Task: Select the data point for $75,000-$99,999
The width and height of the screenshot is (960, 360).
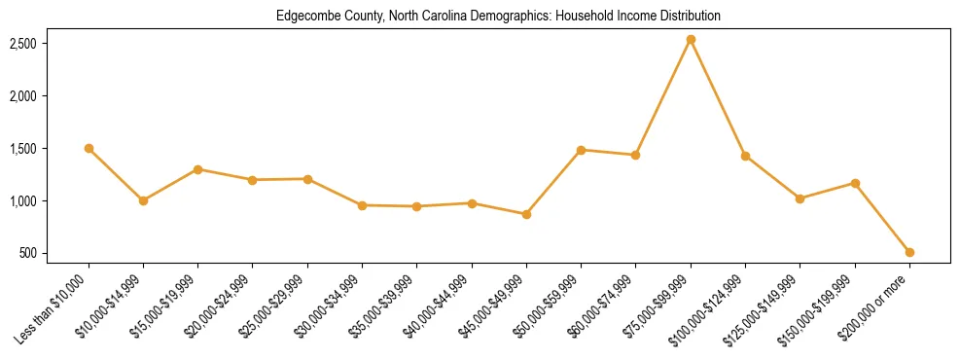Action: [691, 40]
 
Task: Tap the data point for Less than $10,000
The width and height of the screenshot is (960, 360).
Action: [89, 149]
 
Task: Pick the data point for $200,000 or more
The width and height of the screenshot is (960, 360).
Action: [909, 252]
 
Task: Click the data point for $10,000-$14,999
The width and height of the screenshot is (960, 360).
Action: [143, 200]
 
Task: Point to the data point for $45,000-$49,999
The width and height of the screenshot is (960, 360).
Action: [526, 214]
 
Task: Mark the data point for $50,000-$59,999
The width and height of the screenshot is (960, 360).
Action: [581, 150]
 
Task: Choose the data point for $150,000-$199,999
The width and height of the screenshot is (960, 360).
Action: [855, 183]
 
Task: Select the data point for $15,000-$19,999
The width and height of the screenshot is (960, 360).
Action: [198, 169]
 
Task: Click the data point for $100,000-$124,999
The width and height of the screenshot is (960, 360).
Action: [745, 156]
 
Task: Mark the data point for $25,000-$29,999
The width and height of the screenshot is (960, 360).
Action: [307, 179]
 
